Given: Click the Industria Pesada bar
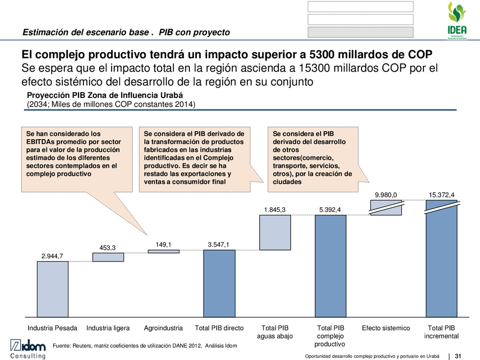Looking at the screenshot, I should [x=52, y=289].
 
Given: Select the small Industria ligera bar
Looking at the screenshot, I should [x=108, y=257].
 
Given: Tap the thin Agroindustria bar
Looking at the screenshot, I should [x=164, y=251].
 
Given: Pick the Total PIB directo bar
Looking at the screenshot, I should [x=219, y=283].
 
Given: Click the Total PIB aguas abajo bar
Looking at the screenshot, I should [x=275, y=232].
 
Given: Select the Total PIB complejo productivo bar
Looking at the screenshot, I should [x=330, y=266].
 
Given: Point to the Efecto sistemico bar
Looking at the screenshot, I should [x=386, y=208].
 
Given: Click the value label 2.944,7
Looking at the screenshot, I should [x=52, y=255].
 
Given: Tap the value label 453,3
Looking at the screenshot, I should [x=108, y=247].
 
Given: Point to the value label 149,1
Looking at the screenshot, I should [x=164, y=244].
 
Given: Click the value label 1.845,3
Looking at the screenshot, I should [x=275, y=210].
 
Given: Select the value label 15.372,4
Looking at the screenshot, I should [x=442, y=195].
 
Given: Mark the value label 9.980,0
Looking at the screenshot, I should [x=386, y=195].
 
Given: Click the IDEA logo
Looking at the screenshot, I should [x=457, y=19].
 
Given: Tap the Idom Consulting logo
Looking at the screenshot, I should [x=28, y=348].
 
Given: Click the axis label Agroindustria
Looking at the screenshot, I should [x=164, y=328].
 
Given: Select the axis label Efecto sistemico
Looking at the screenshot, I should [x=386, y=328].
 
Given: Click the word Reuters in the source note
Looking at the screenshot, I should [x=81, y=346].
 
